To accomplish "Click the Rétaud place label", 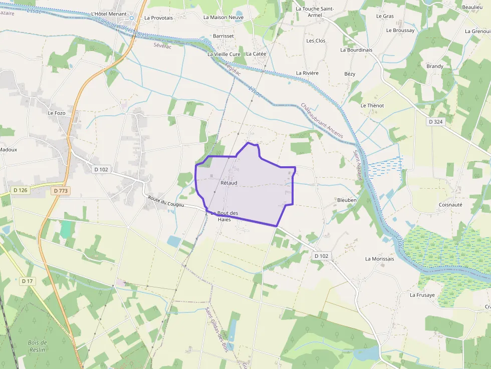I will tap(228, 183).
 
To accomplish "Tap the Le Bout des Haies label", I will tap(224, 216).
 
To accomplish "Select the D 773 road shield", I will tap(60, 191).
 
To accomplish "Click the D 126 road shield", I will tap(20, 190).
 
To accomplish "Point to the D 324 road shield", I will tap(436, 122).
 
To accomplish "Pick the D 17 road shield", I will tap(28, 281).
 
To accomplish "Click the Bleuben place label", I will tap(347, 200).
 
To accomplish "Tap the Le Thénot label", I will tap(372, 106).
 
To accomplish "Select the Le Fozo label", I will tap(57, 113).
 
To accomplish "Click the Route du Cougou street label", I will tap(166, 202).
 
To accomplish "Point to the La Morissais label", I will tap(379, 259).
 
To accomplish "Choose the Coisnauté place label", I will tap(450, 204).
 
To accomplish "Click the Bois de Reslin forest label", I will tap(38, 346).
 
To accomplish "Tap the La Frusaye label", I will tap(422, 295).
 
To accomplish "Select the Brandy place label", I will tap(435, 66).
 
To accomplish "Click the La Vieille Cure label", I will tap(224, 54).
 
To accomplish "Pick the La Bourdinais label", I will tap(356, 50).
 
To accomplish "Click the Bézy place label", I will tap(350, 74).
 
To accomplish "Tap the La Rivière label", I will tap(307, 73).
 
